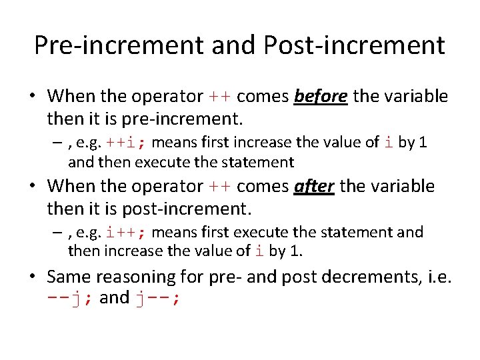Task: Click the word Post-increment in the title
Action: click(x=354, y=45)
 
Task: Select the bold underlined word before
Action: click(x=321, y=97)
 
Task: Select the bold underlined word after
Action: click(x=314, y=186)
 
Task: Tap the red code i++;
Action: click(x=129, y=232)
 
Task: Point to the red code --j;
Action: click(x=70, y=298)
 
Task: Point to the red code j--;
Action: click(x=157, y=298)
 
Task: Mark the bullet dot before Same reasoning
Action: click(x=33, y=276)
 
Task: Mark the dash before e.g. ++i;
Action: click(x=59, y=142)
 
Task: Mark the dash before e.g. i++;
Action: click(x=59, y=232)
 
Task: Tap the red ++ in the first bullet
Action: click(x=220, y=97)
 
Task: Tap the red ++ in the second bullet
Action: click(x=220, y=186)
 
